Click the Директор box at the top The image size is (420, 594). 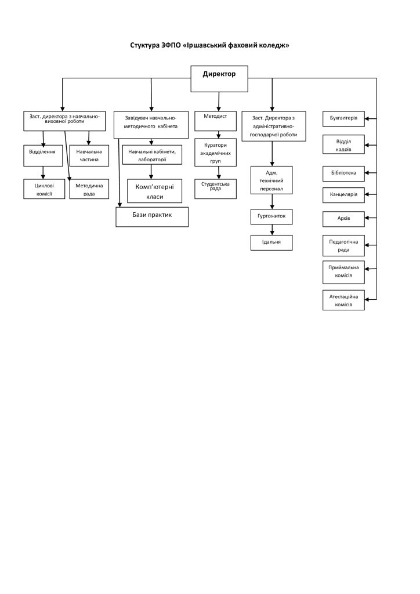(x=219, y=79)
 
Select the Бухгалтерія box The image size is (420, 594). (x=343, y=118)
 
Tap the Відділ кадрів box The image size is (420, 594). (x=343, y=144)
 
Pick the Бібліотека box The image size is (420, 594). (x=343, y=173)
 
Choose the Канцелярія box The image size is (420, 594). (x=343, y=195)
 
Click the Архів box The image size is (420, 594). (x=343, y=219)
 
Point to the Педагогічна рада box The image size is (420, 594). (x=343, y=245)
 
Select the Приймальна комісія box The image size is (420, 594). (x=343, y=272)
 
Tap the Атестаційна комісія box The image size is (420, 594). (x=343, y=300)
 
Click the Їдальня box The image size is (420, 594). (x=271, y=242)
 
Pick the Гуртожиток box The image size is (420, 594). (x=271, y=216)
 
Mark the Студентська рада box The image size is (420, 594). (x=215, y=189)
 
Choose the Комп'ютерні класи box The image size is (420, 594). (x=154, y=191)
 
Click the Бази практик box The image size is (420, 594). (x=152, y=217)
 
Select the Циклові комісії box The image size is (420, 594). (x=44, y=189)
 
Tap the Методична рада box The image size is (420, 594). (x=89, y=189)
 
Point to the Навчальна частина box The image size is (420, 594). (x=89, y=155)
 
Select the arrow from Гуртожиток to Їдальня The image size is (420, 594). (x=272, y=230)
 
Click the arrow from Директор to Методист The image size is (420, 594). (x=219, y=102)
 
